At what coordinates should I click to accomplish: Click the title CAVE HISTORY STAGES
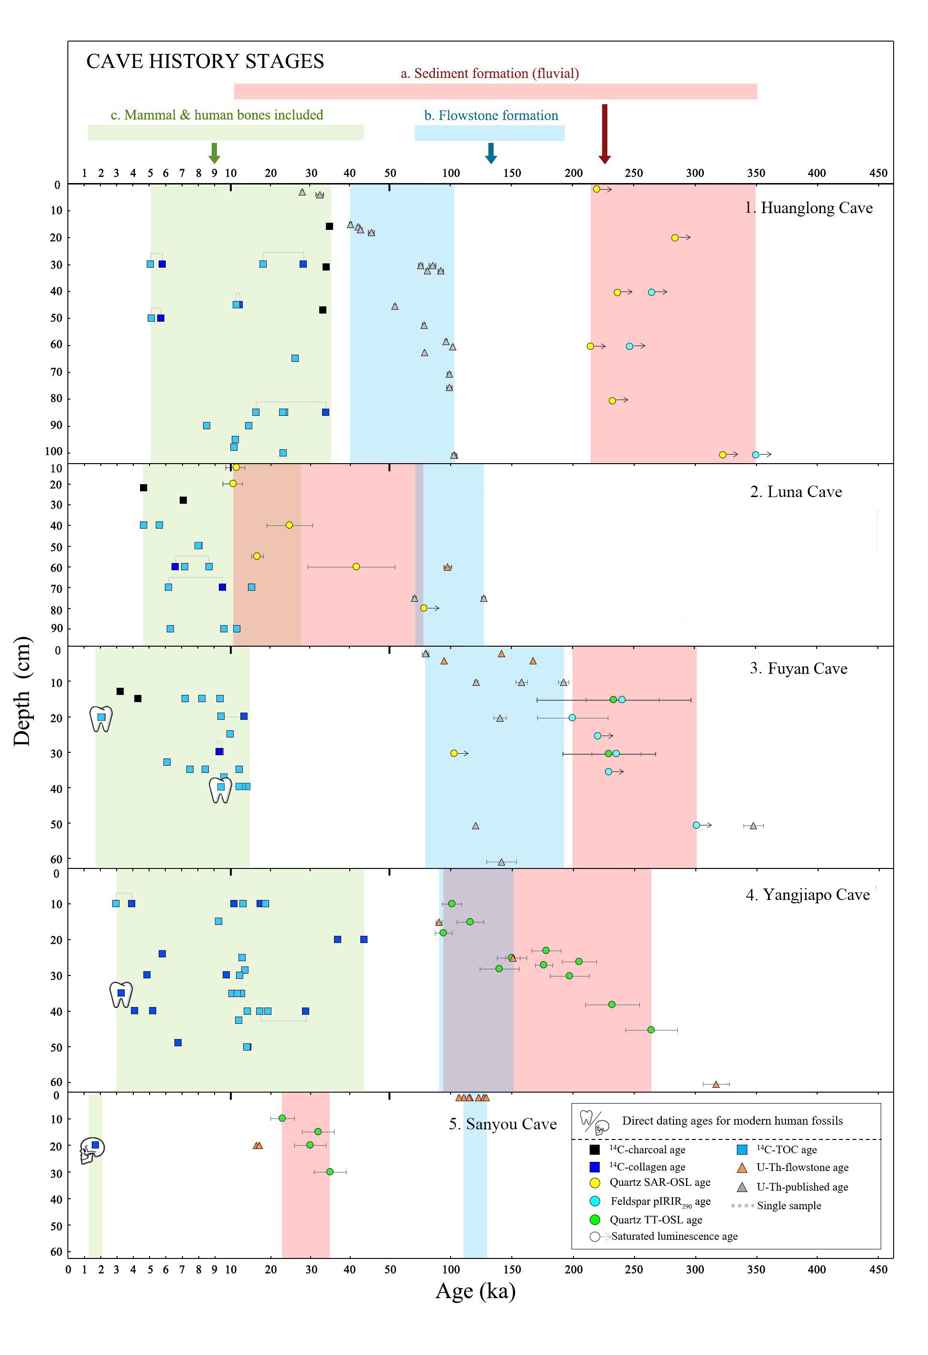click(205, 61)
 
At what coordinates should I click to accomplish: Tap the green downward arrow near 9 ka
click(215, 153)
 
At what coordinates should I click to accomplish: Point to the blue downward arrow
click(491, 153)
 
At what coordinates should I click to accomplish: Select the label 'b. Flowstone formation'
click(491, 116)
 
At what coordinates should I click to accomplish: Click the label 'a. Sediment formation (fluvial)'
click(490, 74)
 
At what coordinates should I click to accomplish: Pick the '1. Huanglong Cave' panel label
click(809, 208)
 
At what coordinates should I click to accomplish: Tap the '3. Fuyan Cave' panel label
click(799, 669)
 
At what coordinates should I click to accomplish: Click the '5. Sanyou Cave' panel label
click(503, 1124)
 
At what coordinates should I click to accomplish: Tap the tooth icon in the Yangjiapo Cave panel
click(121, 995)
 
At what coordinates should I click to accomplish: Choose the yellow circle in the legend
click(595, 1182)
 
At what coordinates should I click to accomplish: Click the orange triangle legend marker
click(742, 1167)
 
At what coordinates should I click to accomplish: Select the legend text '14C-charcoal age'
click(647, 1150)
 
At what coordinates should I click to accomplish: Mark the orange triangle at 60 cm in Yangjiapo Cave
click(716, 1084)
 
